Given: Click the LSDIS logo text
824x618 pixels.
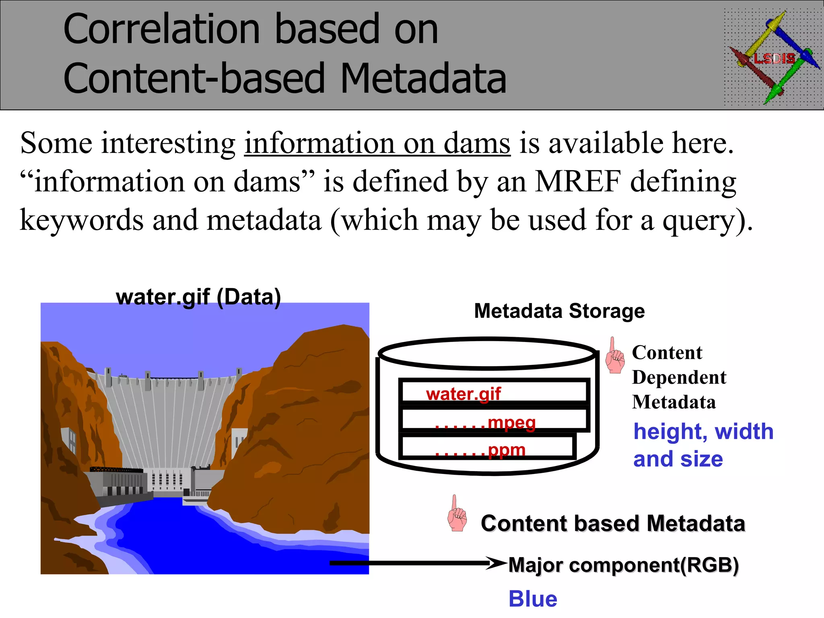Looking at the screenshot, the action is point(774,59).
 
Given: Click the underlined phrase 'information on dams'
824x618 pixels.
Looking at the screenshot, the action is point(377,143).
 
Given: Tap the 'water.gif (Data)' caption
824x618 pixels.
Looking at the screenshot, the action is point(198,297).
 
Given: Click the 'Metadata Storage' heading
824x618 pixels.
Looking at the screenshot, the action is point(559,311).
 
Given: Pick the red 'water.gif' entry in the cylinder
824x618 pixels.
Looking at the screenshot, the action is point(463,394).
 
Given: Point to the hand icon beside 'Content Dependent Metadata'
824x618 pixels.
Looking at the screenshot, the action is point(614,356).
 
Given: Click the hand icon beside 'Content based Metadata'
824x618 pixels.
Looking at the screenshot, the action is point(457,514).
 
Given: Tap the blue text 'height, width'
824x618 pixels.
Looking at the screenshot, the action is point(703,432).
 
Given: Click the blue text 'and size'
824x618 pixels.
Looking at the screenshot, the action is point(678,459).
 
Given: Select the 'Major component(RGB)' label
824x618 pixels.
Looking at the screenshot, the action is point(624,565).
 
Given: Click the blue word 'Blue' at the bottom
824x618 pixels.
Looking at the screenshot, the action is point(533,599).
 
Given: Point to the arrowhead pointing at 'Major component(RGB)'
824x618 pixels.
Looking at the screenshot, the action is point(496,563).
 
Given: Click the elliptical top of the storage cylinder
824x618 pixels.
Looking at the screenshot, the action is point(487,353).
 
